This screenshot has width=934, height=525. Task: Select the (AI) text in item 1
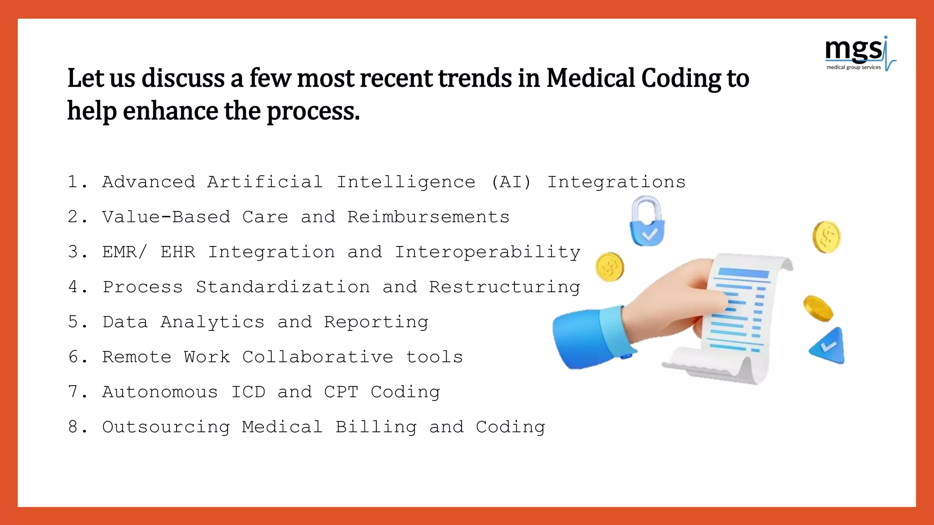pyautogui.click(x=511, y=182)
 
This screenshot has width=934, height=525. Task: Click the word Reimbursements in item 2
pyautogui.click(x=428, y=217)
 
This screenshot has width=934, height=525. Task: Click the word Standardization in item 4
pyautogui.click(x=283, y=287)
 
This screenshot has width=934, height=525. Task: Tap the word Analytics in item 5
pyautogui.click(x=212, y=322)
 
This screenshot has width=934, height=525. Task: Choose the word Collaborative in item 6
pyautogui.click(x=317, y=357)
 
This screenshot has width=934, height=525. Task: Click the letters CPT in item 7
pyautogui.click(x=341, y=392)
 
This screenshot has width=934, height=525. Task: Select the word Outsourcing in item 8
pyautogui.click(x=166, y=427)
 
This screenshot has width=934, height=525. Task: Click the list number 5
pyautogui.click(x=73, y=322)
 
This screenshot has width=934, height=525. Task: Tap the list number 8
pyautogui.click(x=73, y=427)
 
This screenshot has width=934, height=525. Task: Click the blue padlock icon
pyautogui.click(x=647, y=223)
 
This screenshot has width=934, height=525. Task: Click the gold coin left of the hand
pyautogui.click(x=609, y=267)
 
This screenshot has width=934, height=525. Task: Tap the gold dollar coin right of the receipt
pyautogui.click(x=826, y=237)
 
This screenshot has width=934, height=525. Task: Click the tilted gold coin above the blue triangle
pyautogui.click(x=818, y=308)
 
